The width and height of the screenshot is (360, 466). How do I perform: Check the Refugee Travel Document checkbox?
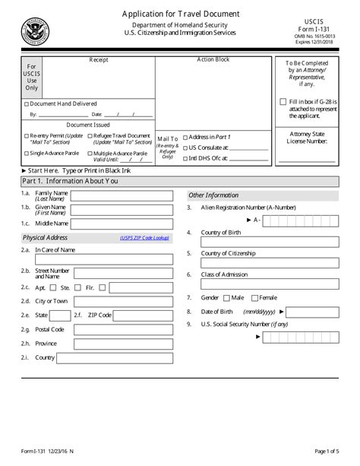coord(90,136)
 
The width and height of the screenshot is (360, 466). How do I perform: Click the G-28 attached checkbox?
coord(283,102)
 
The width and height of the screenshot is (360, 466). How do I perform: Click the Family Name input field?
coord(122,195)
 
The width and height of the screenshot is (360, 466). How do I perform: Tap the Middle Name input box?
coord(122,223)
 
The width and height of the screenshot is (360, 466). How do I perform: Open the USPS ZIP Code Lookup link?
coord(144,239)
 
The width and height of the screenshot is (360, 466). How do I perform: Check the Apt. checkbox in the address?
coord(52,287)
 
